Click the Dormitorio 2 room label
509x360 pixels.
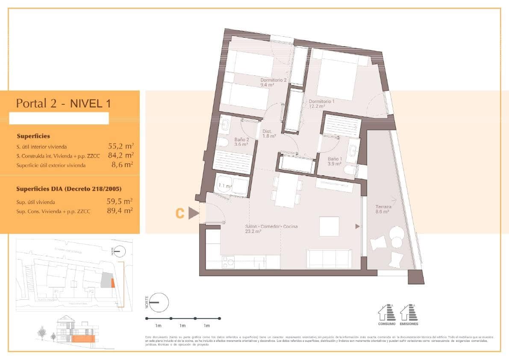point(274,83)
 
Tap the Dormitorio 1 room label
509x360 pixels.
point(322,104)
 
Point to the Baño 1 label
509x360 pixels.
point(335,161)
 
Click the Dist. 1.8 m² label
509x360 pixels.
point(269,134)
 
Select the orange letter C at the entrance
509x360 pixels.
point(180,213)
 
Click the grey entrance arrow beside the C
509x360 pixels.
point(194,213)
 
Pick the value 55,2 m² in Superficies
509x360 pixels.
point(121,146)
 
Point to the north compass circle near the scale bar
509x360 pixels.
point(159,302)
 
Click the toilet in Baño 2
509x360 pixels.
point(222,142)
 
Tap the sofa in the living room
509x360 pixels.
point(330,259)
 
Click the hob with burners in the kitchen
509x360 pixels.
point(228,262)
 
